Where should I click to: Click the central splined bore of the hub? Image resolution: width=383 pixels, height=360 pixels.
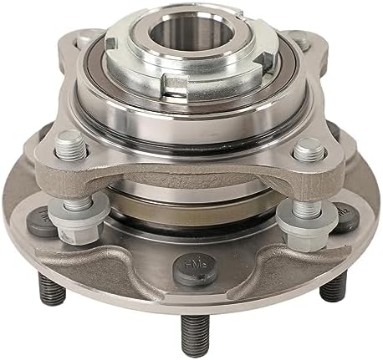[x=191, y=43]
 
